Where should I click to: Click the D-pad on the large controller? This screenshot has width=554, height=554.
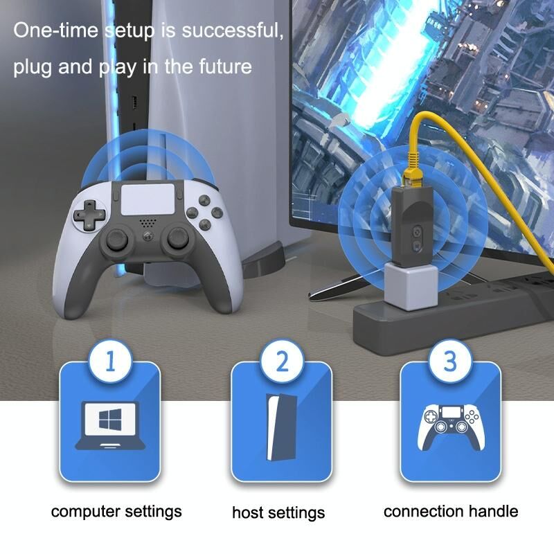click(x=89, y=215)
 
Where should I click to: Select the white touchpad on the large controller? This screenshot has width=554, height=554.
click(x=148, y=199)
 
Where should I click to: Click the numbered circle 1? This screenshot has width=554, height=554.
click(x=110, y=361)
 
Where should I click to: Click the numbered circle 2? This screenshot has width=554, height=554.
click(x=282, y=361)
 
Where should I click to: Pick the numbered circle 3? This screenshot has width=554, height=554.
click(x=450, y=361)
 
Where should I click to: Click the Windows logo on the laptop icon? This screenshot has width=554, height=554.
click(x=110, y=420)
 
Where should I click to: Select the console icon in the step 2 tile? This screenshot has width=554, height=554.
click(x=281, y=427)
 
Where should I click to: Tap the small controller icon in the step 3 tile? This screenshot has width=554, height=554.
click(x=451, y=427)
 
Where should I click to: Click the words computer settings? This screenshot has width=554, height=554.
click(x=116, y=512)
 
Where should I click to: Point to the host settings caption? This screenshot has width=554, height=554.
click(x=278, y=512)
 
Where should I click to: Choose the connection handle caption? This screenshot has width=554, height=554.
click(x=451, y=511)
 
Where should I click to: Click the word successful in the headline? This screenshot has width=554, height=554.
click(x=233, y=30)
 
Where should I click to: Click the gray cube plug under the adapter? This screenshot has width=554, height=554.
click(x=411, y=286)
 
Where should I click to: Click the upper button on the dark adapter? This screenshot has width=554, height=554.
click(x=418, y=232)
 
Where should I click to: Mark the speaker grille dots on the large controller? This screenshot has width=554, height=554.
click(x=148, y=223)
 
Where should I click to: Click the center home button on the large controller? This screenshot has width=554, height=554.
click(x=148, y=236)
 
